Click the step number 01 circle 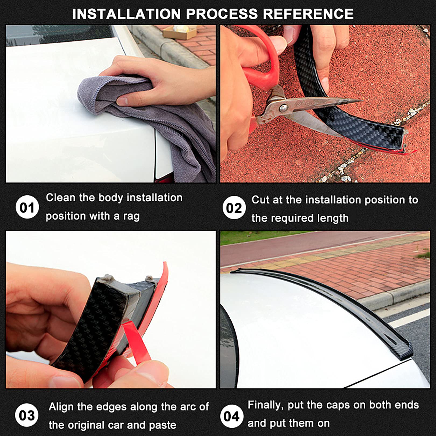point(27,208)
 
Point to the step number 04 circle point(232,416)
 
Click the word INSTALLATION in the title point(126,14)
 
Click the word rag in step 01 point(131,216)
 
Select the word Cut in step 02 point(261,200)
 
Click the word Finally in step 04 point(266,405)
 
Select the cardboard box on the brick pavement point(180,32)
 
